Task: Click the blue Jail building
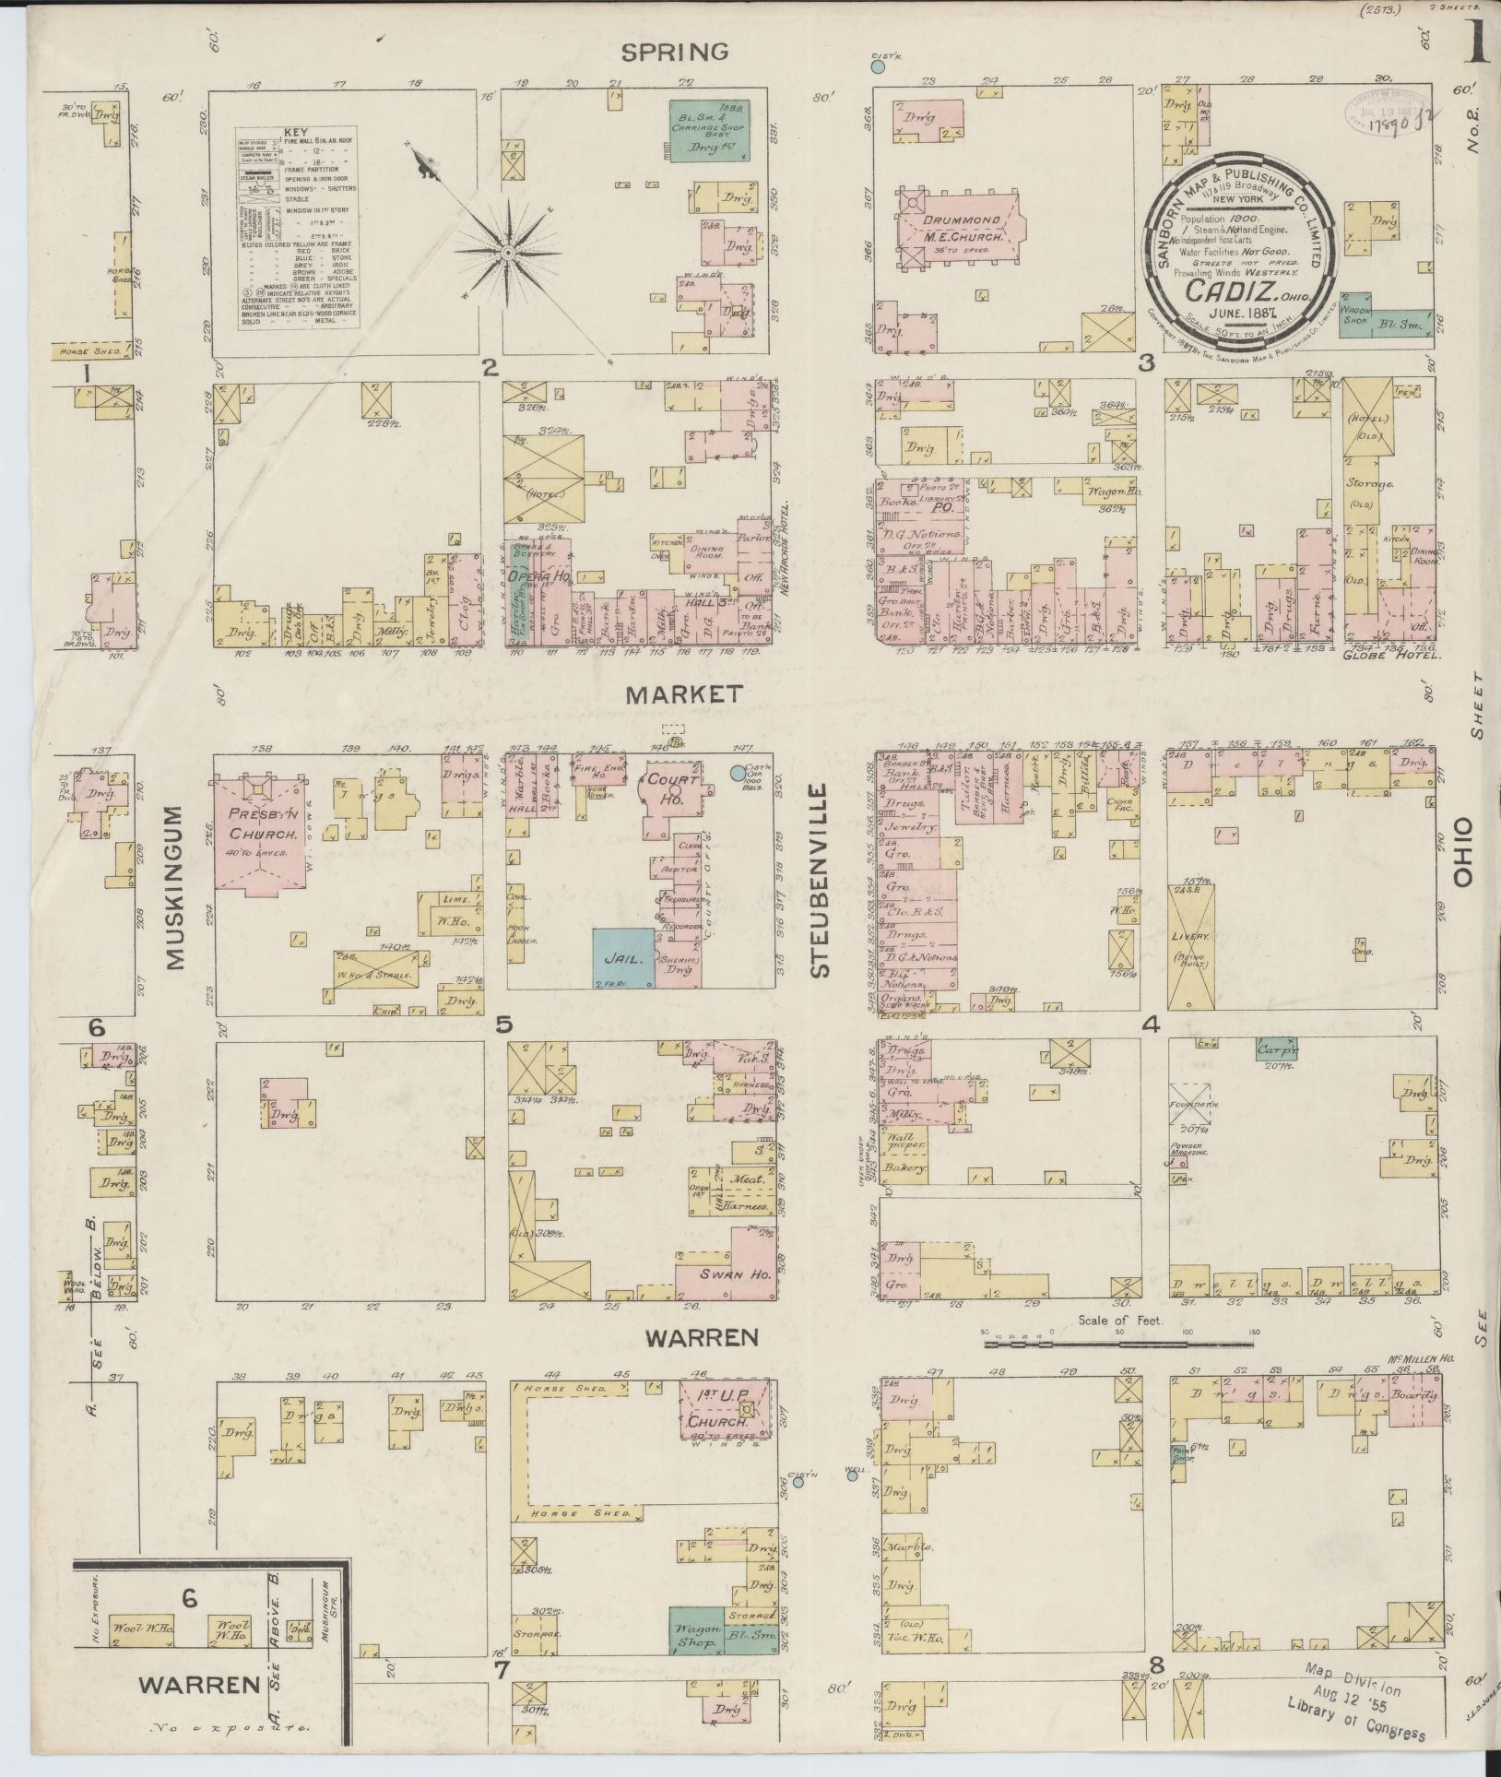tap(622, 958)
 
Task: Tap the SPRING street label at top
tap(675, 52)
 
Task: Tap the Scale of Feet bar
tap(1120, 1345)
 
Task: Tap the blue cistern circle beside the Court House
tap(737, 773)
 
